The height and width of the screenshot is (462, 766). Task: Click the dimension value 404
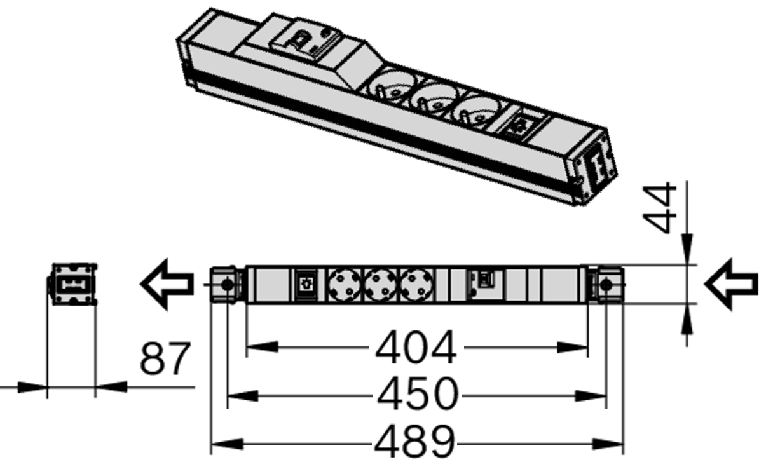coord(416,348)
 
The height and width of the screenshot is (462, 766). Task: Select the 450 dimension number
coord(417,395)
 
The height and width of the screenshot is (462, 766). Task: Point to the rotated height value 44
coord(660,208)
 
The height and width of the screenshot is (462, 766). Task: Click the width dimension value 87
coord(165,359)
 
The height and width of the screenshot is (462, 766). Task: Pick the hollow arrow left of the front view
coord(167,284)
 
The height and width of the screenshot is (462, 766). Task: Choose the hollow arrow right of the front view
coord(732,284)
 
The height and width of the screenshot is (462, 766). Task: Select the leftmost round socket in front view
coord(345,284)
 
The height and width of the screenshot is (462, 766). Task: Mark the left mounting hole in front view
coord(226,284)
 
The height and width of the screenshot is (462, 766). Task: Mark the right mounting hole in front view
coord(606,284)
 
